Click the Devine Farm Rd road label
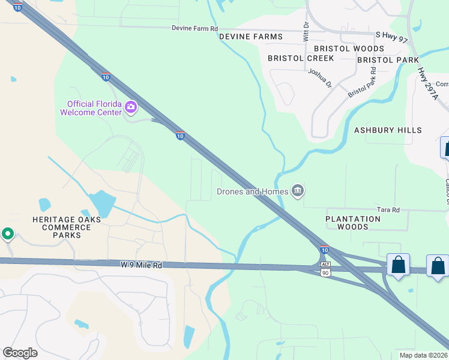194,28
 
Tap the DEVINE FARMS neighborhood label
250,37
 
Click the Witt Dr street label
306,32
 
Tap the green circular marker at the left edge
7,233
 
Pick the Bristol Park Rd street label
362,82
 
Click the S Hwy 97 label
391,37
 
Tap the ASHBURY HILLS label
388,130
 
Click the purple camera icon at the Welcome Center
131,108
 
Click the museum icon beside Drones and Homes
297,191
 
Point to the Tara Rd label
388,209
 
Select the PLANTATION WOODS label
353,223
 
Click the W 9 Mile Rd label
141,265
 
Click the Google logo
20,353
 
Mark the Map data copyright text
423,355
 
